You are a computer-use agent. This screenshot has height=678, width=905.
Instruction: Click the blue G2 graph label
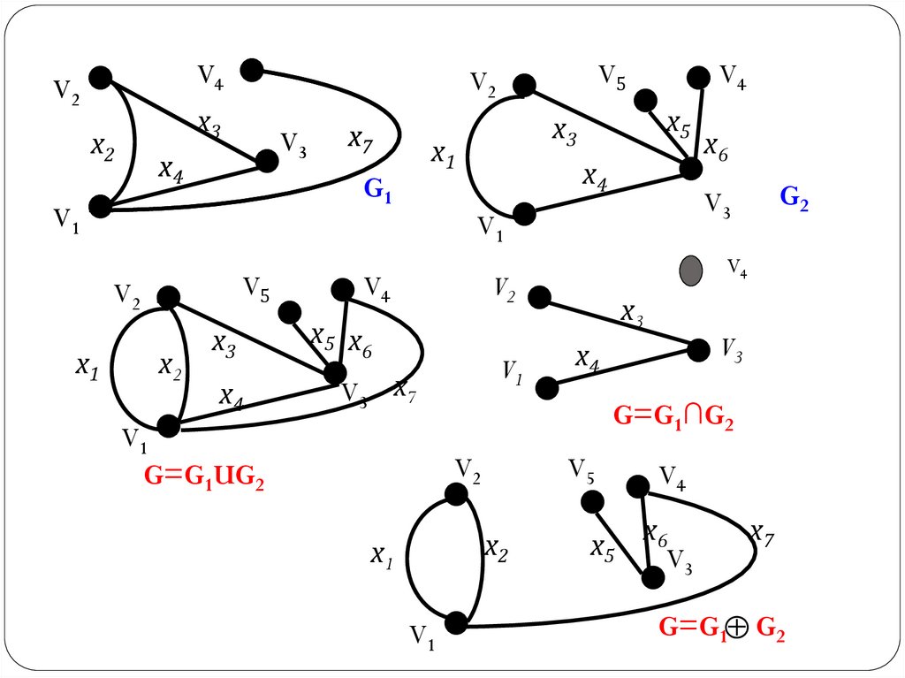coord(794,197)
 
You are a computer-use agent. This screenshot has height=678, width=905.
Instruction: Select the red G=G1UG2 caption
coord(204,477)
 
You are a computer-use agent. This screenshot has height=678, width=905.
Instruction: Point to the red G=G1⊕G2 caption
coord(722,628)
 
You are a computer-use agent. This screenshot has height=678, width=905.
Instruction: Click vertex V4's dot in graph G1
coord(252,70)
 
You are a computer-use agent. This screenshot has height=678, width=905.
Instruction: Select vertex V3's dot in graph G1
coord(266,161)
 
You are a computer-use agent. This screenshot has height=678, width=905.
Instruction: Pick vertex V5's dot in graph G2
coord(645,101)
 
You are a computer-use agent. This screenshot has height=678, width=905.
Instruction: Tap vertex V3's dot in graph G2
coord(690,168)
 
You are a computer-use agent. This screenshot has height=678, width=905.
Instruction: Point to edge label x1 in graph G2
coord(442,155)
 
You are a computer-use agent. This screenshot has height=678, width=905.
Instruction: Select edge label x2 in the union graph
coord(169,365)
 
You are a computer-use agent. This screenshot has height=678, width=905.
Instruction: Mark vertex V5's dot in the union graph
coord(288,312)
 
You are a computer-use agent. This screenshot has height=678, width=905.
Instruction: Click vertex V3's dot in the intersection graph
coord(698,350)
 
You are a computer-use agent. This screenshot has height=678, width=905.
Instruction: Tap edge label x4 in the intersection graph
coord(587,358)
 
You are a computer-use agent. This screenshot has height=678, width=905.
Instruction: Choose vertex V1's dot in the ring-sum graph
coord(456,623)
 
